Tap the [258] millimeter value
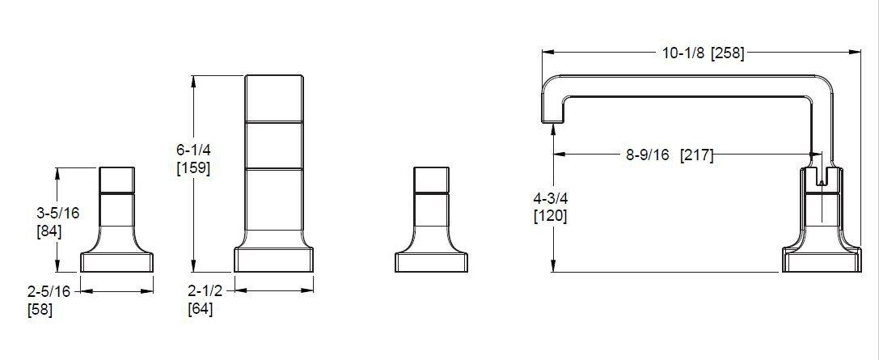[727, 53]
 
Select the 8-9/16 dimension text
[647, 155]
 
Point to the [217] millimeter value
[696, 155]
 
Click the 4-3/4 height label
[550, 199]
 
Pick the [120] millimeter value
[550, 216]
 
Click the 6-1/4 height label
[193, 151]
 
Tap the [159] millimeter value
[193, 168]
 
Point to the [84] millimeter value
[49, 231]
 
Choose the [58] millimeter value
[40, 308]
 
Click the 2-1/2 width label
[205, 291]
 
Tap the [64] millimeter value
[201, 308]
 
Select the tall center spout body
[274, 162]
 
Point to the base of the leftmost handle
[117, 262]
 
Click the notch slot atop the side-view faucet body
[822, 176]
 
